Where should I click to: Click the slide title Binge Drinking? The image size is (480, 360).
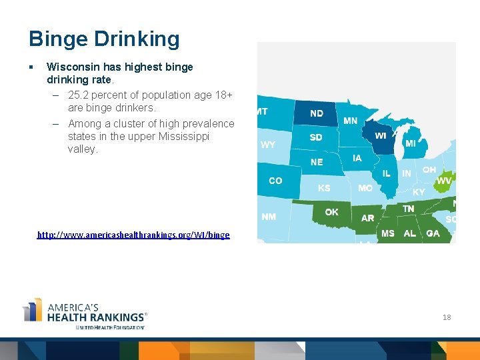pyautogui.click(x=104, y=39)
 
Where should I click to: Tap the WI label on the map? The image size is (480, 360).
pyautogui.click(x=381, y=136)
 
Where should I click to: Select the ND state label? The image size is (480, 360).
pyautogui.click(x=317, y=113)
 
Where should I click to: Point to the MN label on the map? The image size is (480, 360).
pyautogui.click(x=351, y=121)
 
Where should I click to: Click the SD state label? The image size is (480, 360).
pyautogui.click(x=316, y=137)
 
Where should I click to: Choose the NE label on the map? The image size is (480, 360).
pyautogui.click(x=317, y=162)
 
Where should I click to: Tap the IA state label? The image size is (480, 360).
pyautogui.click(x=357, y=158)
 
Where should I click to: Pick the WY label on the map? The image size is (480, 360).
pyautogui.click(x=268, y=145)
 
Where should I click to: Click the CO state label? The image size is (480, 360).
pyautogui.click(x=275, y=181)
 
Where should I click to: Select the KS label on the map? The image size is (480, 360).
pyautogui.click(x=324, y=188)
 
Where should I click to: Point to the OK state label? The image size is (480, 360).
pyautogui.click(x=331, y=212)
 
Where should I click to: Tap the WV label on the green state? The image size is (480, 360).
pyautogui.click(x=444, y=181)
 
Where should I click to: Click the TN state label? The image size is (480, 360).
pyautogui.click(x=409, y=209)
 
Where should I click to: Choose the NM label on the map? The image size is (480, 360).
pyautogui.click(x=269, y=217)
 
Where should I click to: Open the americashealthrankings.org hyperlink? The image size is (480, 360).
pyautogui.click(x=133, y=235)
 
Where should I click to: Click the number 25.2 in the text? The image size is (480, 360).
pyautogui.click(x=78, y=95)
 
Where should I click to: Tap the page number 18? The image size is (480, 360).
pyautogui.click(x=447, y=317)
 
